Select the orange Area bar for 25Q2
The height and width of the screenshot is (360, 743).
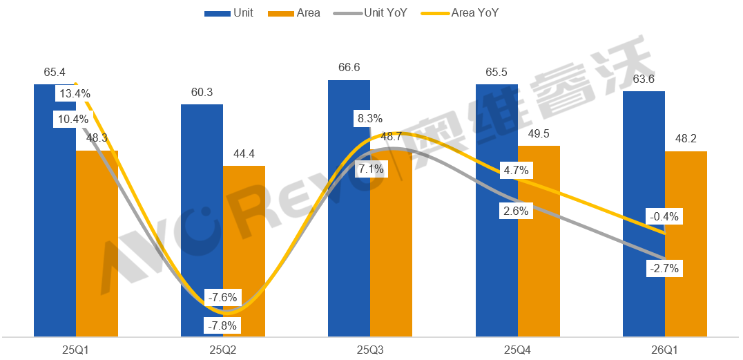coord(244,263)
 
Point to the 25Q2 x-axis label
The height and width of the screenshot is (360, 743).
coord(223,350)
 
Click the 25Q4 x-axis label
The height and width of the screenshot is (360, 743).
coord(517,350)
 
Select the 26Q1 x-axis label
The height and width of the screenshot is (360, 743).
coord(664,350)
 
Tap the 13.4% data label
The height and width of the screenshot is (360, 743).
coord(75,94)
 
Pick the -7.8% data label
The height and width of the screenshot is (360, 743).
coord(222,325)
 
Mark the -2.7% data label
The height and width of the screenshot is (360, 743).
coord(664,267)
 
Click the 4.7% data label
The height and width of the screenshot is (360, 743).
coord(517,169)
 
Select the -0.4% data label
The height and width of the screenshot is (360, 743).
coord(664,217)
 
